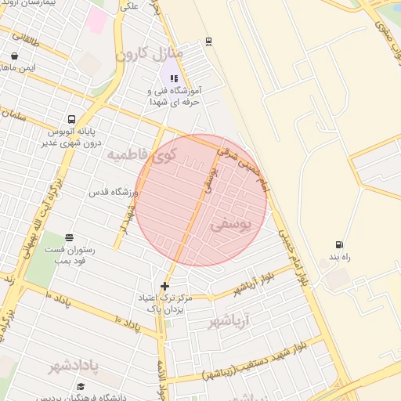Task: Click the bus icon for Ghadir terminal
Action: (72, 120)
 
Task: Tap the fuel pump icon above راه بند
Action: (338, 245)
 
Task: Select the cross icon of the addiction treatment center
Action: (164, 286)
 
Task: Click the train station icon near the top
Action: (208, 41)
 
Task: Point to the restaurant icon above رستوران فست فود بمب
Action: (70, 237)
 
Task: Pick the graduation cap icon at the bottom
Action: (81, 386)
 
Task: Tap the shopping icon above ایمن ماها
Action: (15, 56)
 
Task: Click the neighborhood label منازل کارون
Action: (149, 54)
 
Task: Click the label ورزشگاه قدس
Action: (113, 192)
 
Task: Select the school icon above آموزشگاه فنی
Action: (174, 78)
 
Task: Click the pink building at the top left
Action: (97, 21)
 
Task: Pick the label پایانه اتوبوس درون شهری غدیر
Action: (72, 139)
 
